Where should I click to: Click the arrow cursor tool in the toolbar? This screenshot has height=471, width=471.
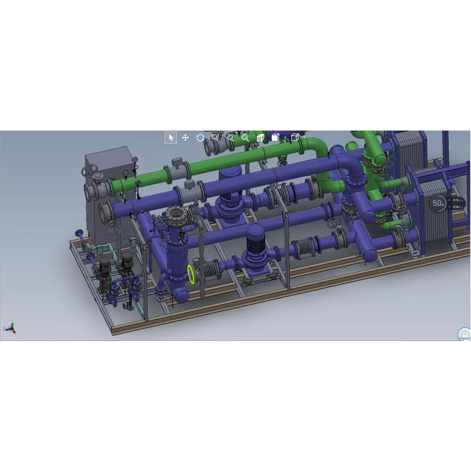(x=171, y=138)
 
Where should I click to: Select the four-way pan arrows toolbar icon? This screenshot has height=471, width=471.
(x=185, y=138)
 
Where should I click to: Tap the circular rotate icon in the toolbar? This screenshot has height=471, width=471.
(x=201, y=138)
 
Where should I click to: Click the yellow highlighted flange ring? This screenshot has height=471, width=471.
(x=192, y=273)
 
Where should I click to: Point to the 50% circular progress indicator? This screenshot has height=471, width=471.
(x=437, y=203)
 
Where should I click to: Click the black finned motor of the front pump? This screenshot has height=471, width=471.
(x=254, y=240)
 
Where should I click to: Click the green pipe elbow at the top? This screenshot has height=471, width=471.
(x=320, y=147)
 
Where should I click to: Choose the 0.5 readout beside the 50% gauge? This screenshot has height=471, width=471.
(x=456, y=201)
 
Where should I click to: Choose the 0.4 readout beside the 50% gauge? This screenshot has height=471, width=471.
(x=456, y=207)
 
